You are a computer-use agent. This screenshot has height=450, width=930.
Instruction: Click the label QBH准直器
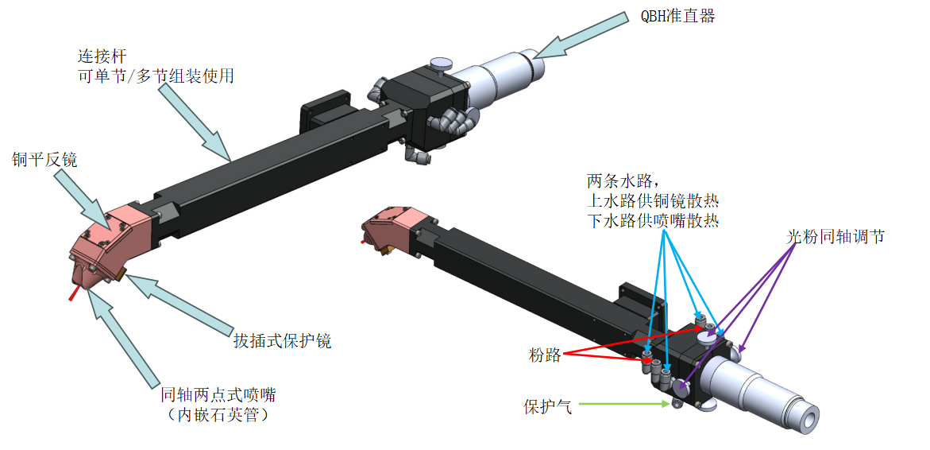677,16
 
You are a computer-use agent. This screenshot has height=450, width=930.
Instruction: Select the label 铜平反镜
44,160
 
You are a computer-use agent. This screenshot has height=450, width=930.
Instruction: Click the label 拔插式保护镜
281,341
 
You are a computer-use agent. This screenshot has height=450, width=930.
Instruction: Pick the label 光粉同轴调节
834,237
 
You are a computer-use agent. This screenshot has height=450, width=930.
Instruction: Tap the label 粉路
545,355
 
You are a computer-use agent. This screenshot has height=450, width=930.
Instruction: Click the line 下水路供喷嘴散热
653,220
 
